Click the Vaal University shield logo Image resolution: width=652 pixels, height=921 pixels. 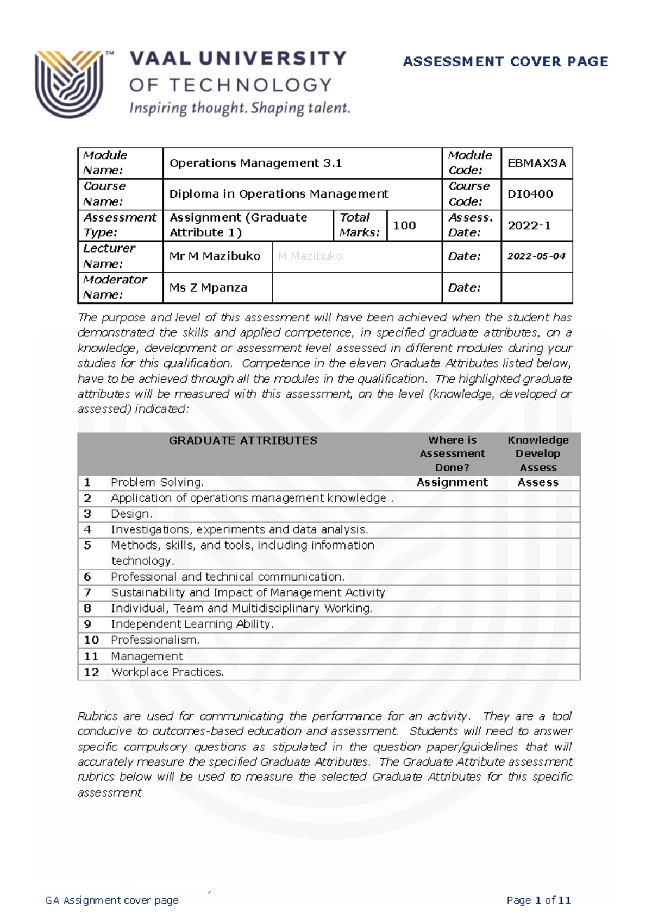[69, 83]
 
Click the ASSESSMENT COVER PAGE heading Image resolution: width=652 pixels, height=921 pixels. [505, 61]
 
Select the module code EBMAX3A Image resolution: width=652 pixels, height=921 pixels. [536, 163]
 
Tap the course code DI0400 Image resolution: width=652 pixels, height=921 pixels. [530, 194]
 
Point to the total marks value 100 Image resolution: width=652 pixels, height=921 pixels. [404, 225]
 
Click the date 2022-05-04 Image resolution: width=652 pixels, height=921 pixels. [536, 256]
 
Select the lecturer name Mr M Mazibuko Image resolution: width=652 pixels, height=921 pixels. [215, 256]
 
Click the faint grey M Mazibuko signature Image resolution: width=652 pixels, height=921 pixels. [310, 256]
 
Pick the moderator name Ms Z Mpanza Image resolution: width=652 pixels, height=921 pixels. [208, 288]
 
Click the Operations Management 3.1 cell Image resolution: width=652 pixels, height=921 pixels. [255, 163]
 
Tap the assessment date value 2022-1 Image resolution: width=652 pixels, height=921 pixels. [529, 225]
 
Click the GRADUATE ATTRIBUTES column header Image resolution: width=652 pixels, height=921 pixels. [243, 440]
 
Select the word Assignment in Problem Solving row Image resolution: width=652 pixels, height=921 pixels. [452, 482]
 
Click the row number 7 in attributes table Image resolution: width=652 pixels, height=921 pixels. [87, 592]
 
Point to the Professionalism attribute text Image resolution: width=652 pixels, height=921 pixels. [155, 640]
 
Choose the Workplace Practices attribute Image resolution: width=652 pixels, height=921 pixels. [167, 672]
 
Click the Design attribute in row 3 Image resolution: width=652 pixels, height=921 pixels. [131, 514]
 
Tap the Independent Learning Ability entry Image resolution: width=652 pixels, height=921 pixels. [192, 624]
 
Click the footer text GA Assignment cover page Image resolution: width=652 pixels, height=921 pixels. [112, 900]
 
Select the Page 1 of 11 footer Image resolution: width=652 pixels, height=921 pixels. [538, 900]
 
